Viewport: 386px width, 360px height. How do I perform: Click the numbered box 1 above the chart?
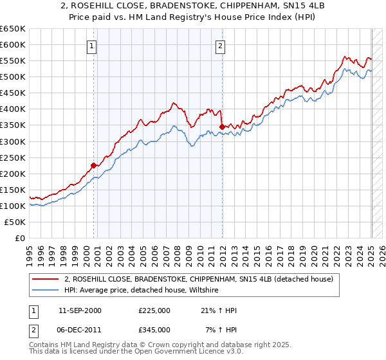point(93,46)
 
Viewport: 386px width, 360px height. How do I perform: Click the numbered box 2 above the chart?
point(221,46)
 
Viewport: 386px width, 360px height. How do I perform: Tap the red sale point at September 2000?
point(93,165)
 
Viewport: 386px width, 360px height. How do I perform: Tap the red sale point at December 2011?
point(221,127)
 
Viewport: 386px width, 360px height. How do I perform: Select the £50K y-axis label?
point(15,222)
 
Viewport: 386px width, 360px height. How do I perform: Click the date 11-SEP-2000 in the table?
point(79,310)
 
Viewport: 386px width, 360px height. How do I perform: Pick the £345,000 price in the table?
point(154,329)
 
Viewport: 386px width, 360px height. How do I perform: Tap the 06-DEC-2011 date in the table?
point(79,329)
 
